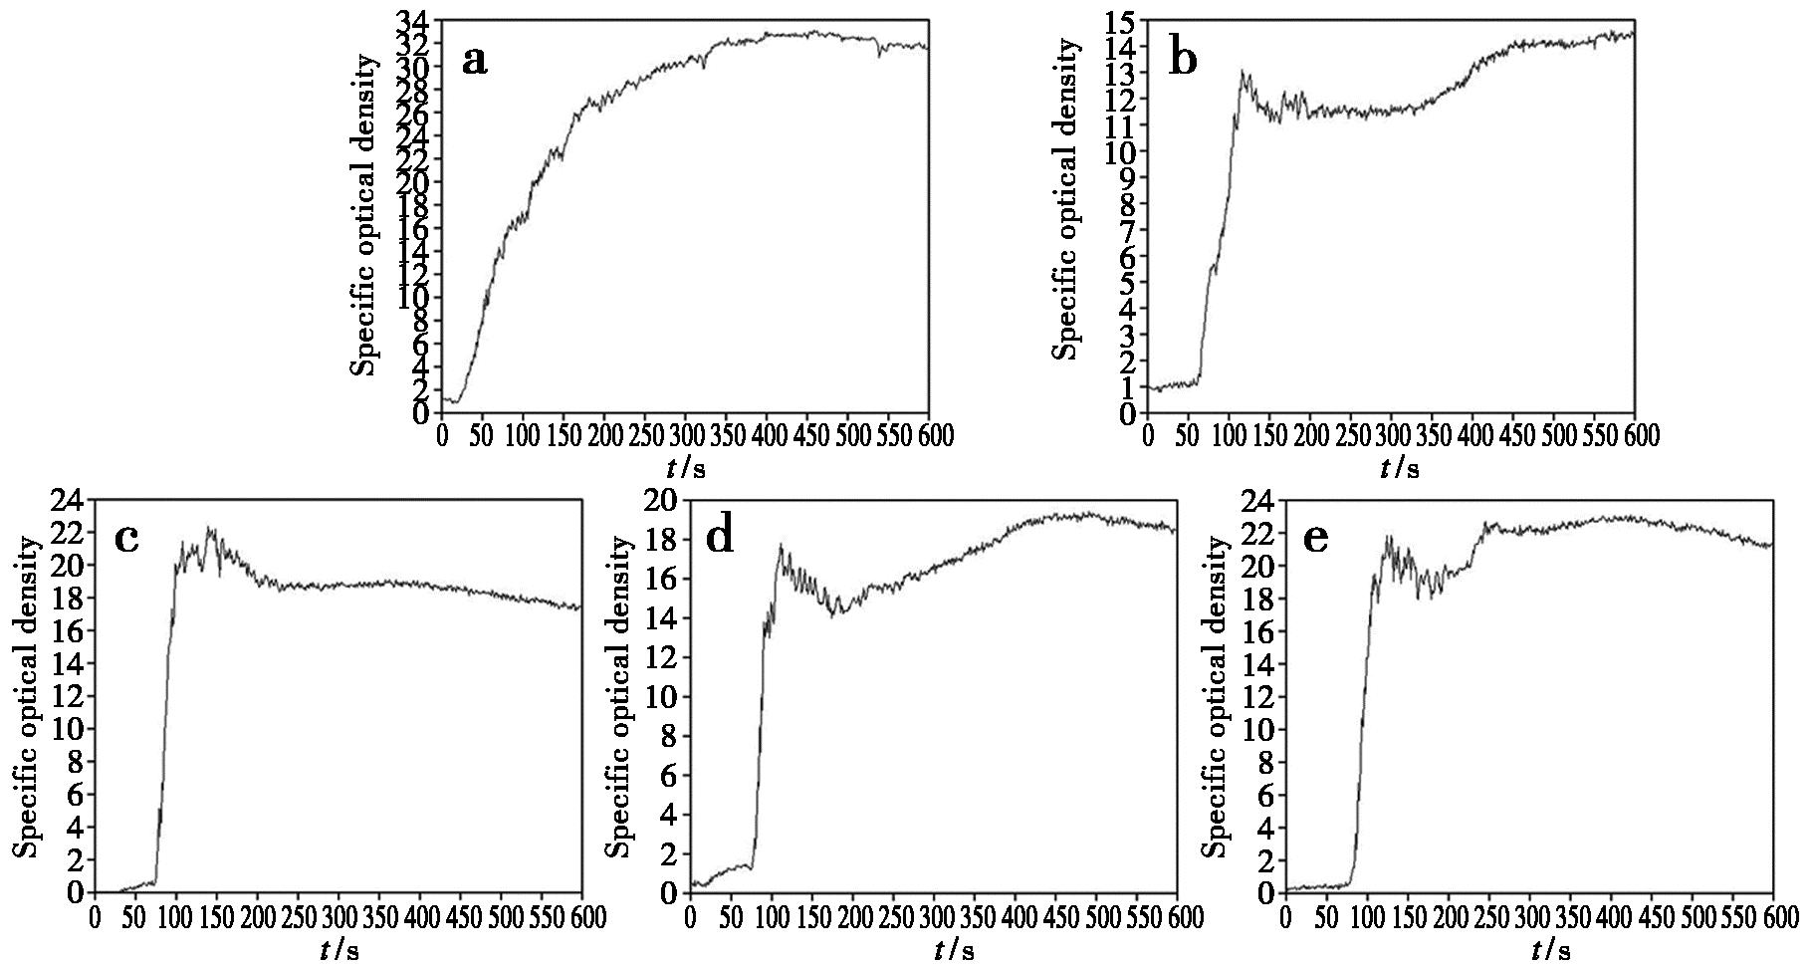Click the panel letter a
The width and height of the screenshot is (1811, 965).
point(475,61)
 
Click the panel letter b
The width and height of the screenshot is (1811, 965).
point(1183,60)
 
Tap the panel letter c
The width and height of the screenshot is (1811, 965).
point(126,538)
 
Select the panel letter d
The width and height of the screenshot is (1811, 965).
point(719,538)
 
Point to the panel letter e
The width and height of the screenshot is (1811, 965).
point(1314,539)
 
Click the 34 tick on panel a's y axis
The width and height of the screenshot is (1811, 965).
point(415,21)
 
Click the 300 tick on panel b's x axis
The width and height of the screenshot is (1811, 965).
point(1391,435)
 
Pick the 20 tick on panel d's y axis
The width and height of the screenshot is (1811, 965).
point(663,500)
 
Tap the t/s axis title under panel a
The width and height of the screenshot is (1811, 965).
point(686,466)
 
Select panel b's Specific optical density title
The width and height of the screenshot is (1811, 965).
point(1066,199)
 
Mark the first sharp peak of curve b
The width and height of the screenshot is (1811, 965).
point(1242,71)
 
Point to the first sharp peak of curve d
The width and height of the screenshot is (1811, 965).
point(781,545)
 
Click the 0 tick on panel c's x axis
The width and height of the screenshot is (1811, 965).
point(95,915)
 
